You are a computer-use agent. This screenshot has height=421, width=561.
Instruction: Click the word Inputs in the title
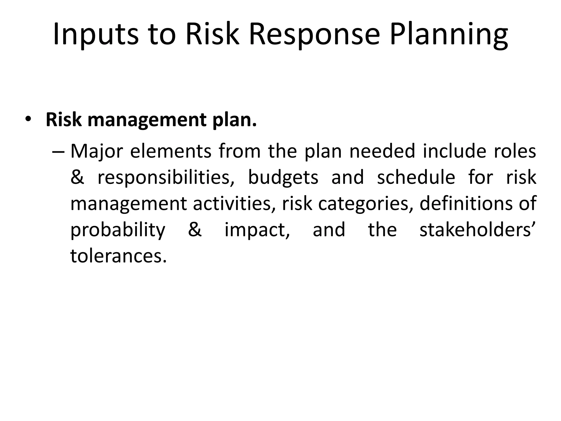[x=96, y=34]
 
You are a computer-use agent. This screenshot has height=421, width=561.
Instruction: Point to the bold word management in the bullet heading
[x=147, y=120]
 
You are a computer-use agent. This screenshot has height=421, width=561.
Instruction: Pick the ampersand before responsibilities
[x=77, y=177]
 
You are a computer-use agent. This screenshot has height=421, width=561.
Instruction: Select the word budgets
[x=283, y=177]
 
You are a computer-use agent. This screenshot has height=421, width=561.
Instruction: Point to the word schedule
[x=416, y=177]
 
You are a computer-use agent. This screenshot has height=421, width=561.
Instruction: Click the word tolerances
[x=118, y=255]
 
